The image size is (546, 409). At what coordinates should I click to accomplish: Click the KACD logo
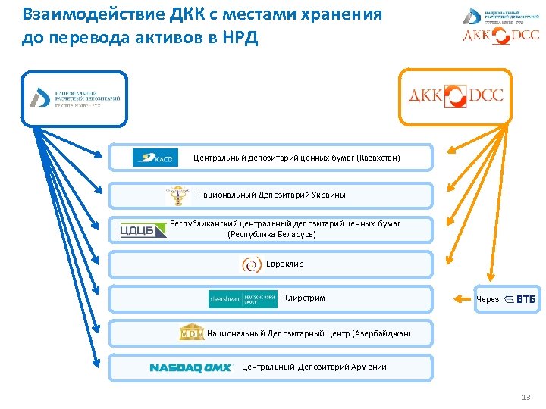tap(155, 158)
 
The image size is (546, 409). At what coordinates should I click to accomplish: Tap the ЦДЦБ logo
tap(143, 229)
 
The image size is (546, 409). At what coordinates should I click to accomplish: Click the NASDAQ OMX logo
tap(190, 367)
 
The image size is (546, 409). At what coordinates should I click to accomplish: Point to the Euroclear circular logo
tap(252, 264)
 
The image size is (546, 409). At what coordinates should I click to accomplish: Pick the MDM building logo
tap(191, 333)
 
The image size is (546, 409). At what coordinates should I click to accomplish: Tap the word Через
tap(488, 299)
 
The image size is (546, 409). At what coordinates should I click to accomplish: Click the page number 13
tap(526, 398)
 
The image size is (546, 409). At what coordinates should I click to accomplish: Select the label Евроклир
tap(284, 264)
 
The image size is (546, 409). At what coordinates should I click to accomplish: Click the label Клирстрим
tap(303, 298)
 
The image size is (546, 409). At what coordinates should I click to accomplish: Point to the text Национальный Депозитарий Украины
tap(271, 195)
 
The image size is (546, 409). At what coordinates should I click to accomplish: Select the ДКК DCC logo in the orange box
tap(456, 96)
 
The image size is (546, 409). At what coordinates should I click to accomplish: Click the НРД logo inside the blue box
tap(74, 98)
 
